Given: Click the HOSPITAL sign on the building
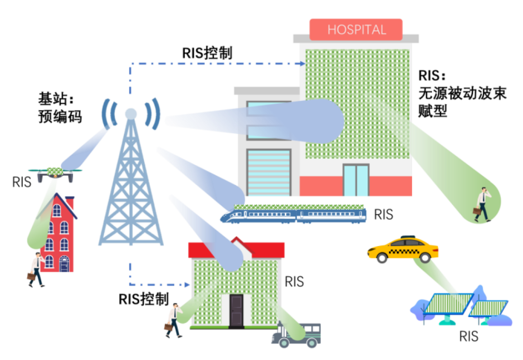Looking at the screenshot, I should [356, 30].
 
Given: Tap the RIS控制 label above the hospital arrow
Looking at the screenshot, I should [207, 53].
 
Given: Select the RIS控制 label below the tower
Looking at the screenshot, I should [144, 298].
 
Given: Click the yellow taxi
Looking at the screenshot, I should [402, 249].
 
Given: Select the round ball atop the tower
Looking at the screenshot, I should [131, 113].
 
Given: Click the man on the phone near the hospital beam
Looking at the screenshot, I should [482, 203].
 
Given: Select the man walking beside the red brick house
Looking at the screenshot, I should [36, 269].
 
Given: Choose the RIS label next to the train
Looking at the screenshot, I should [384, 214].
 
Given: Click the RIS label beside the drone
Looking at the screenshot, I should [22, 182].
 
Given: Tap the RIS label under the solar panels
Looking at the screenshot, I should [468, 336].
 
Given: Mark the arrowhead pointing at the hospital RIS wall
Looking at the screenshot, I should [302, 63].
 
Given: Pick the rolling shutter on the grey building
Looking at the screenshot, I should [269, 172].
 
